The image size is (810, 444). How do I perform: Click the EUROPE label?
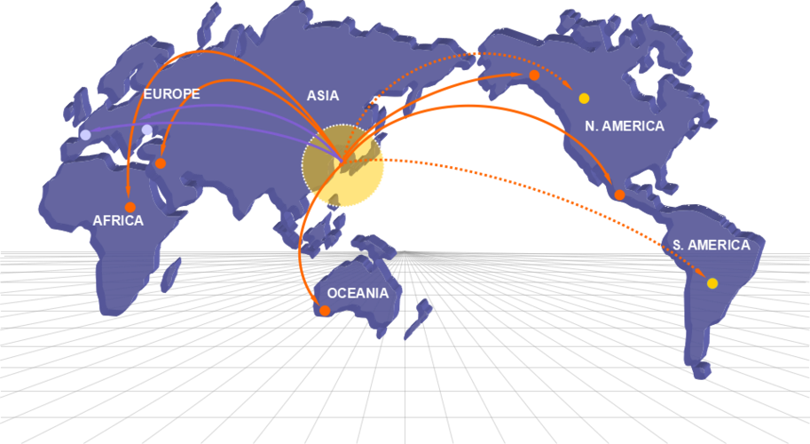click(x=171, y=94)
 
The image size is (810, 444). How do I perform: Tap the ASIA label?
click(x=323, y=96)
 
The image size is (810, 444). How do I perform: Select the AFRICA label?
click(x=118, y=221)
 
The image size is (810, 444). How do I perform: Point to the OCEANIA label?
click(x=358, y=293)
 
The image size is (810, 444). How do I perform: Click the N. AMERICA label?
click(x=625, y=125)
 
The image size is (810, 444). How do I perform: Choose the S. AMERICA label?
click(x=712, y=245)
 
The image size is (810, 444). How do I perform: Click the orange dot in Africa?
click(x=130, y=207)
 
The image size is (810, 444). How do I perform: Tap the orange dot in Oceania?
click(x=325, y=311)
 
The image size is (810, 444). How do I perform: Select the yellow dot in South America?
click(x=712, y=283)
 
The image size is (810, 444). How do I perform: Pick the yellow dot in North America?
click(x=585, y=99)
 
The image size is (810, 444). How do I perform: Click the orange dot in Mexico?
click(x=619, y=194)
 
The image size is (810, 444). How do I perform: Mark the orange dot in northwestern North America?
click(x=534, y=75)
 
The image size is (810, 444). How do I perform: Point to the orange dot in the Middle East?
click(x=161, y=163)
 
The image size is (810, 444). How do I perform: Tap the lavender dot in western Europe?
click(x=85, y=135)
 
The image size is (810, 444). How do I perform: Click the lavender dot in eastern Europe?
click(x=147, y=130)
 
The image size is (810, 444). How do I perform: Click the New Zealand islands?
click(x=419, y=319)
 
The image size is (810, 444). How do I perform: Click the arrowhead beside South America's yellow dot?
click(x=700, y=272)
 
